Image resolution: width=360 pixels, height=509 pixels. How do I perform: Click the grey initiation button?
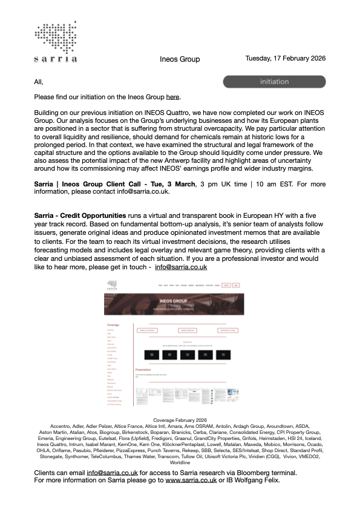click(x=274, y=82)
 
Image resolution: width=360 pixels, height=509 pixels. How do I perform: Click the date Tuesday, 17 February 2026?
click(x=286, y=59)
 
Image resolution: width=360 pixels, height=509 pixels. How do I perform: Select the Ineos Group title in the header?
click(x=180, y=59)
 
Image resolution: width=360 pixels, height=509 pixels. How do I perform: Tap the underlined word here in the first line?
click(x=172, y=97)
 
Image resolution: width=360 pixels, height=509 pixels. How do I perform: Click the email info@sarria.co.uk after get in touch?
click(x=181, y=266)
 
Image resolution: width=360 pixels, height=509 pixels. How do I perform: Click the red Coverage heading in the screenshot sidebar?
click(x=113, y=324)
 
